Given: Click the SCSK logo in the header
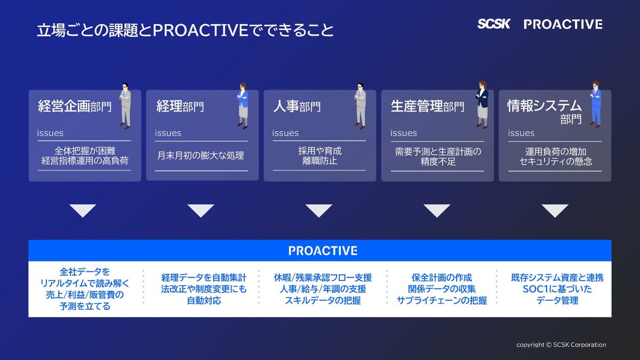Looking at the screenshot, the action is (494, 23).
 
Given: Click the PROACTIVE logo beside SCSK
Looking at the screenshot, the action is (563, 25).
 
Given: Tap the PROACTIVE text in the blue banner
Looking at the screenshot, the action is (323, 251).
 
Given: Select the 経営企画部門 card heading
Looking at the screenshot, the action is (75, 106).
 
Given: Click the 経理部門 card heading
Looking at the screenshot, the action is (180, 106).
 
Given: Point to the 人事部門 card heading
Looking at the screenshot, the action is (297, 106).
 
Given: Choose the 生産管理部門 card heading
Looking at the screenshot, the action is (427, 106).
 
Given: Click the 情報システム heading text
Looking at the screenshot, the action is (545, 106).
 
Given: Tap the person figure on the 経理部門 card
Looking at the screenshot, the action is (243, 106).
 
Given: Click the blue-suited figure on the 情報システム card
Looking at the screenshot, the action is (596, 105).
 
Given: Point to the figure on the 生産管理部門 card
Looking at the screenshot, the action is (482, 105).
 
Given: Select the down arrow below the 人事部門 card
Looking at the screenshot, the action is (319, 211).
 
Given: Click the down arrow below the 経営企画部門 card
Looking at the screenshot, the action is (83, 211).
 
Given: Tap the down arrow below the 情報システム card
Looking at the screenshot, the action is (555, 211).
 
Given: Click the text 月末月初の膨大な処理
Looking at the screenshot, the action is (201, 155).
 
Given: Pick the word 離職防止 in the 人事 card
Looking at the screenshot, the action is (319, 161).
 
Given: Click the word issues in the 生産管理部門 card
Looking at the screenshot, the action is (403, 133).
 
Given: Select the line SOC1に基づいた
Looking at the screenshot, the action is (557, 289).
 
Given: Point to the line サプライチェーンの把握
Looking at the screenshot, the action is (442, 301).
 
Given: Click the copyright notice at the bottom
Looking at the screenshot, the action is (561, 345).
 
